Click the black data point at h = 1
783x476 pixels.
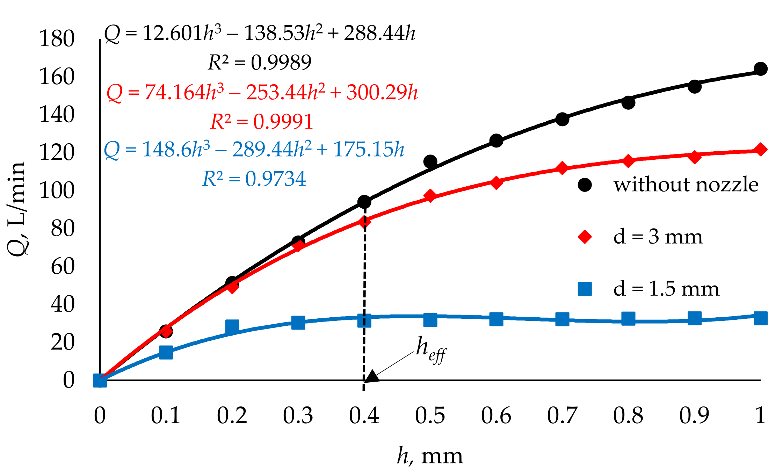(x=761, y=68)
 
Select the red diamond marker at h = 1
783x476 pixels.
(x=761, y=150)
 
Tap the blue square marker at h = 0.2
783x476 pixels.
(x=232, y=326)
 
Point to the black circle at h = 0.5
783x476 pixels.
(x=430, y=161)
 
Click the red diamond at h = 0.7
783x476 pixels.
(x=562, y=168)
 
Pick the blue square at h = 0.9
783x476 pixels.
(x=694, y=318)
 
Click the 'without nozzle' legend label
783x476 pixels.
(x=686, y=185)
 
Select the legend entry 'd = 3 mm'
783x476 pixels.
(x=658, y=237)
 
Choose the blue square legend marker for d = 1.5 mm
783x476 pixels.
(x=585, y=289)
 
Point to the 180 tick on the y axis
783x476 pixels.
(x=57, y=38)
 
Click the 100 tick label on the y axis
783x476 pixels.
(x=57, y=191)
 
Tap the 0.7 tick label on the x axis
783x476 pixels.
(x=562, y=416)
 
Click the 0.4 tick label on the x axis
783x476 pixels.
(x=364, y=416)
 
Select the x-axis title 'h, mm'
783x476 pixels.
(x=430, y=456)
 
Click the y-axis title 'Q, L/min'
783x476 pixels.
(x=16, y=209)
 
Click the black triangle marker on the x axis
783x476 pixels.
(x=372, y=376)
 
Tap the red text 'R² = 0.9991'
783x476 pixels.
(x=261, y=122)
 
